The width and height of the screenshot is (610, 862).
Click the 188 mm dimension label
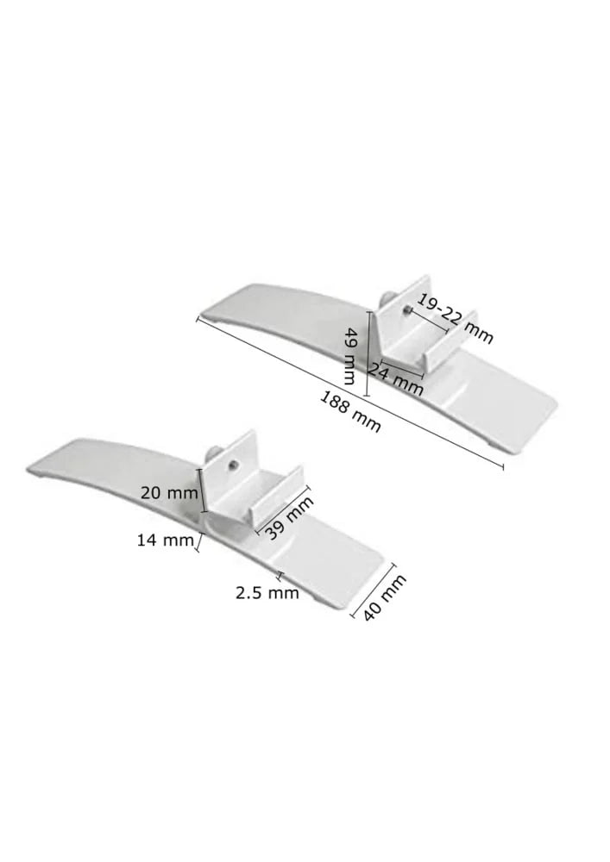click(350, 411)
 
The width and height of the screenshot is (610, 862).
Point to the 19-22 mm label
click(454, 317)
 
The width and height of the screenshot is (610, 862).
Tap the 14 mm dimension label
click(164, 540)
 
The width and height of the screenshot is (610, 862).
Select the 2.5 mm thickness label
click(267, 592)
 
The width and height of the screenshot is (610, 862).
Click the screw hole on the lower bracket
click(232, 466)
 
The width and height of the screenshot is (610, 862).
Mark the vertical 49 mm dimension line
click(368, 353)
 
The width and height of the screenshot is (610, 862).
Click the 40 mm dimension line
click(373, 590)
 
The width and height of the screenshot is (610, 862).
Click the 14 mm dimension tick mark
click(200, 542)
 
